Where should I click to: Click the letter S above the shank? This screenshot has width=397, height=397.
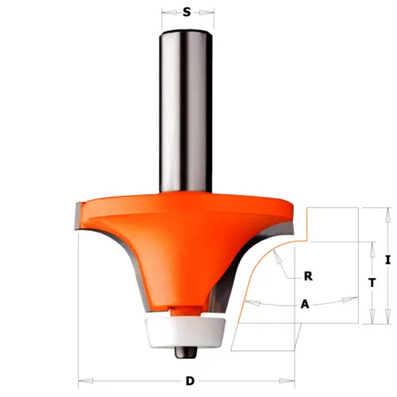(187, 13)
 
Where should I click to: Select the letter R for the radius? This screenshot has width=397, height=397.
(307, 277)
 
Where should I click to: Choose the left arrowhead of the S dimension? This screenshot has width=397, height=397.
(164, 13)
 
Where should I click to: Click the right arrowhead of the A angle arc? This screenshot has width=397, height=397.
(350, 299)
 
